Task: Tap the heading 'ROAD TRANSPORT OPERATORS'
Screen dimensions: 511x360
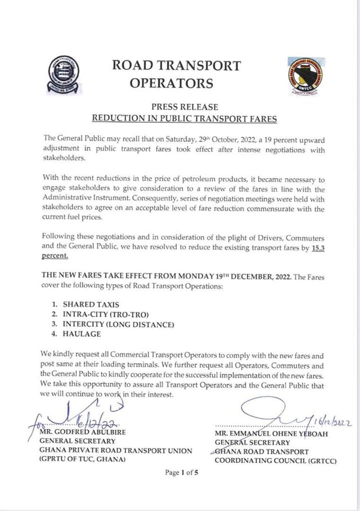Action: click(x=176, y=74)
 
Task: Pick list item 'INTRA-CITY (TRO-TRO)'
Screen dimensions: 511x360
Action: click(x=106, y=314)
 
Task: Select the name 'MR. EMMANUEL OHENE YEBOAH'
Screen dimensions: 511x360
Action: click(x=271, y=434)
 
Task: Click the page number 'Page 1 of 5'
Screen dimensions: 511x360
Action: click(x=182, y=474)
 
